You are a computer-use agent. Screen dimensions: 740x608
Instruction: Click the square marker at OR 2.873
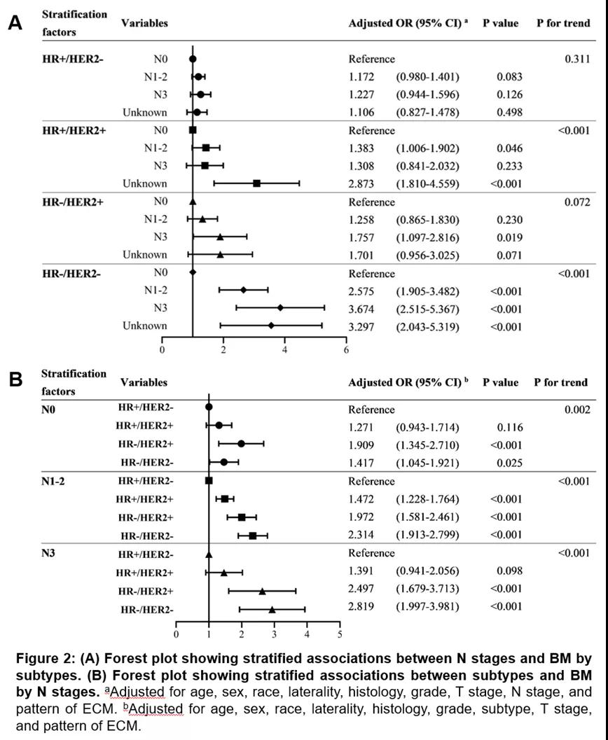coord(257,183)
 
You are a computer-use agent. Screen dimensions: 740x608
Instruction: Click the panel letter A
coord(15,23)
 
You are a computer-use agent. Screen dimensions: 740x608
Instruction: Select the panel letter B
coord(15,380)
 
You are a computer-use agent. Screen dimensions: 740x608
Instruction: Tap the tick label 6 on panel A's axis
coord(346,349)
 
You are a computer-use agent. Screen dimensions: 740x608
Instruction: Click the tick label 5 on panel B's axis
coord(340,635)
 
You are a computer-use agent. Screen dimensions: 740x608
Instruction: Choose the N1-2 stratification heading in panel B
coord(56,482)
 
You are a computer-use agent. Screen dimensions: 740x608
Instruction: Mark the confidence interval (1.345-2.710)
coord(428,445)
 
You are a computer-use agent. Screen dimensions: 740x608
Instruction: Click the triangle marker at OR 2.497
coord(263,591)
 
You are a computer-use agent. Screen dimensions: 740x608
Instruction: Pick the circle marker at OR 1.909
coord(241,443)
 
